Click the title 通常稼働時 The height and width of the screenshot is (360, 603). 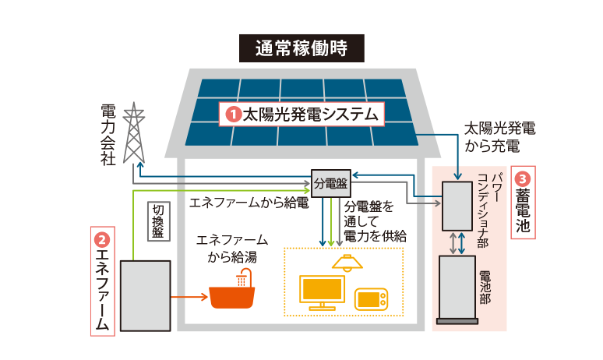[301, 49]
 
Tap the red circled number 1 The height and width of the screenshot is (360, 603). [232, 115]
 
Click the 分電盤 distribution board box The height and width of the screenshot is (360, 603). [330, 184]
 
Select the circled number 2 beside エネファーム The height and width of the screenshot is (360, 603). [102, 238]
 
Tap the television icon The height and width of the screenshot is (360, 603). [323, 292]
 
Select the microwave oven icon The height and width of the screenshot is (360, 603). [370, 300]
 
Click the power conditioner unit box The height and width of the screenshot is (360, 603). [457, 206]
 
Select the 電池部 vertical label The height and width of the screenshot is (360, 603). [484, 287]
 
